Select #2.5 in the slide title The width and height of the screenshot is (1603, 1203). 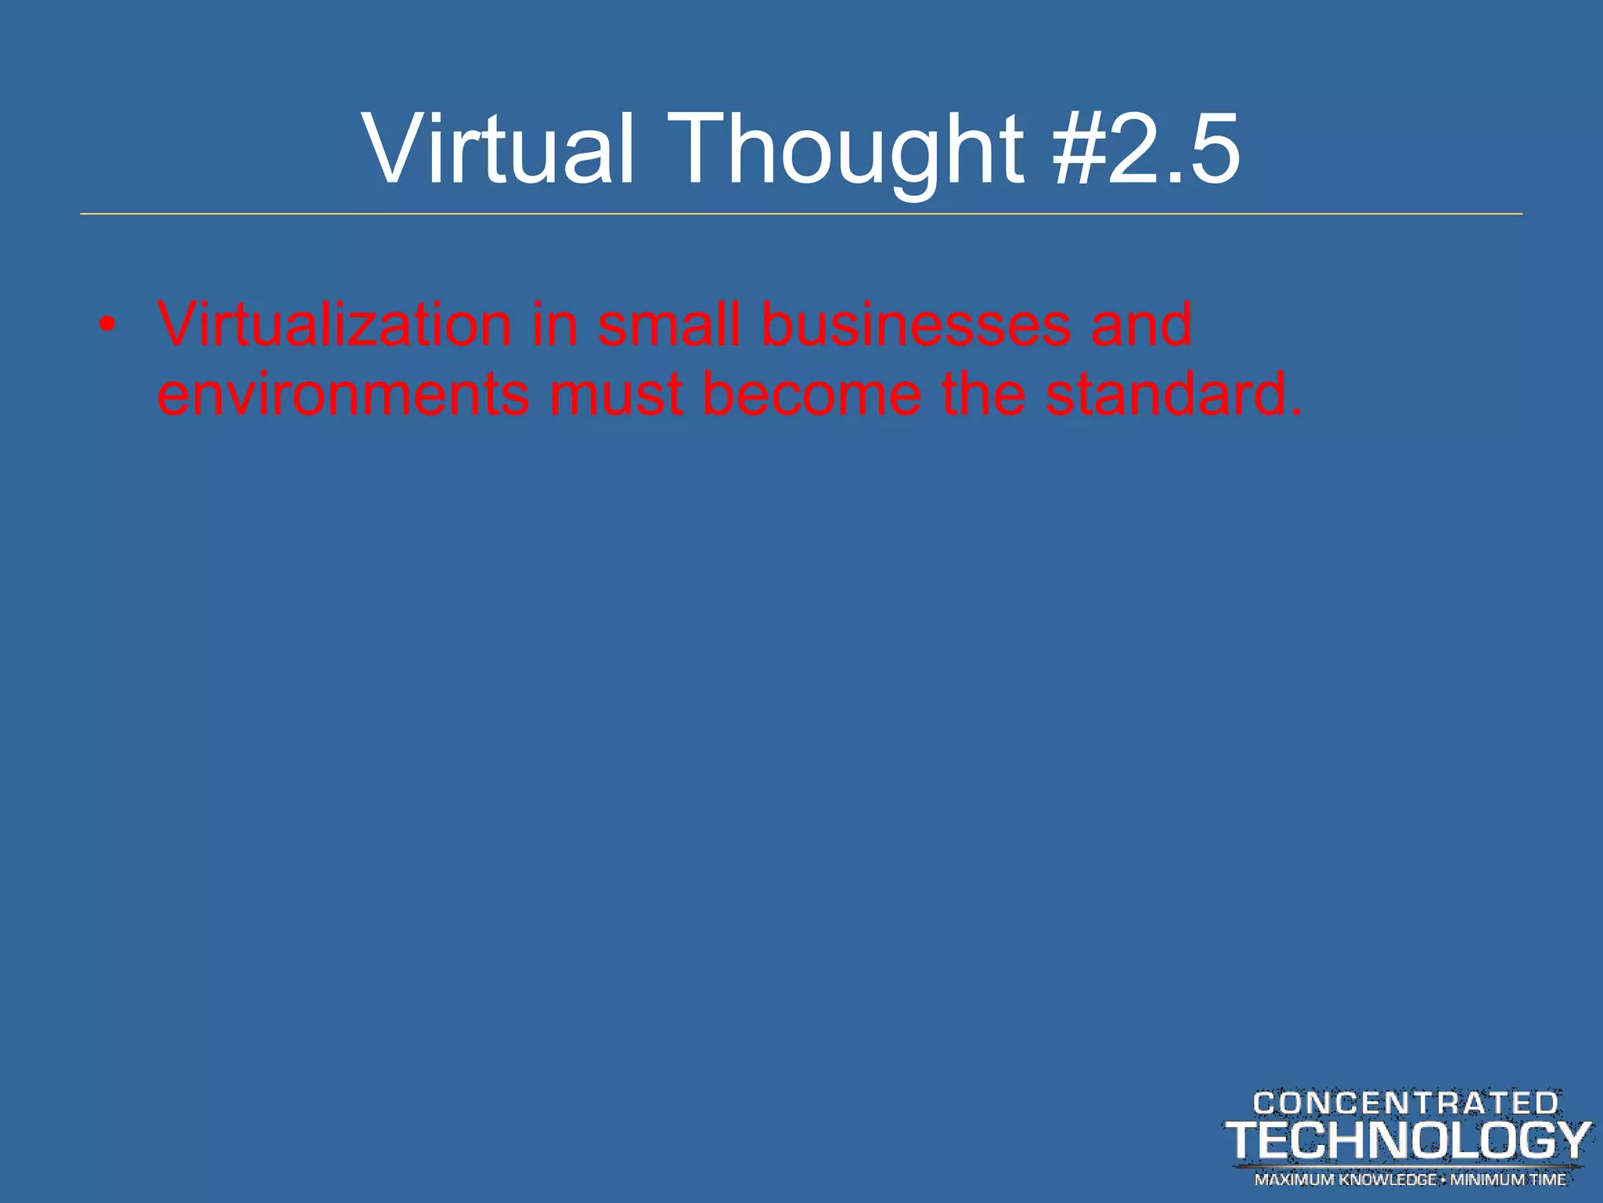[1146, 149]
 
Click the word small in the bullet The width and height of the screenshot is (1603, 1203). [670, 325]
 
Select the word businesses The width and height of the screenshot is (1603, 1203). [915, 325]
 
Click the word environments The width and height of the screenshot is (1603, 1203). [343, 396]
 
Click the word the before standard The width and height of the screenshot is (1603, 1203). [983, 396]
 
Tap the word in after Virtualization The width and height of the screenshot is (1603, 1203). [555, 325]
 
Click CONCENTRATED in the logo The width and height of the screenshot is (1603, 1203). [1406, 1104]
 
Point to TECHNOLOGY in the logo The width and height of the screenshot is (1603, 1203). [1407, 1140]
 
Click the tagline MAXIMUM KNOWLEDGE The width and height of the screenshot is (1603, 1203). [1345, 1180]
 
